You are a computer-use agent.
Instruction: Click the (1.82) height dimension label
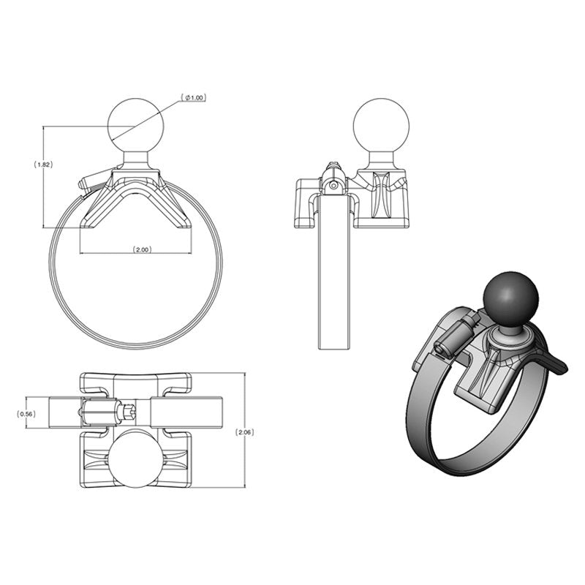click(x=43, y=165)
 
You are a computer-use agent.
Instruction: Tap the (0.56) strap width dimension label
click(x=26, y=414)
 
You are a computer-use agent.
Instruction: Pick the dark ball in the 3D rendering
click(x=510, y=297)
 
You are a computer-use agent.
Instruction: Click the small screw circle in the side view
click(x=333, y=186)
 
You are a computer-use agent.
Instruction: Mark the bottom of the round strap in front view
click(x=121, y=344)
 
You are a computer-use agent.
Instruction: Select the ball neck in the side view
click(x=379, y=159)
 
